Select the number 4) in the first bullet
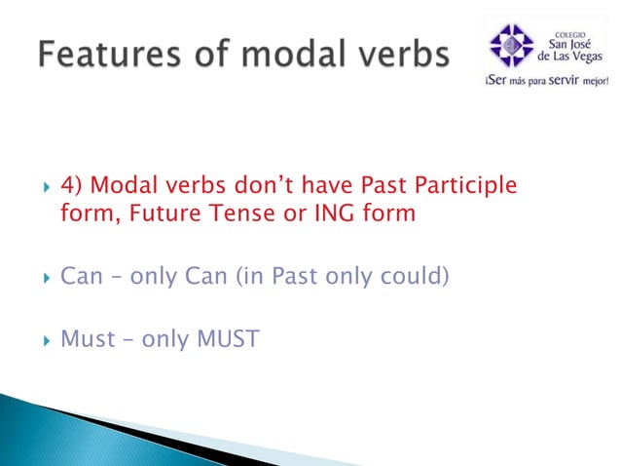(72, 186)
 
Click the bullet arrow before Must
(41, 340)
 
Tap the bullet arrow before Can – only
(41, 277)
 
